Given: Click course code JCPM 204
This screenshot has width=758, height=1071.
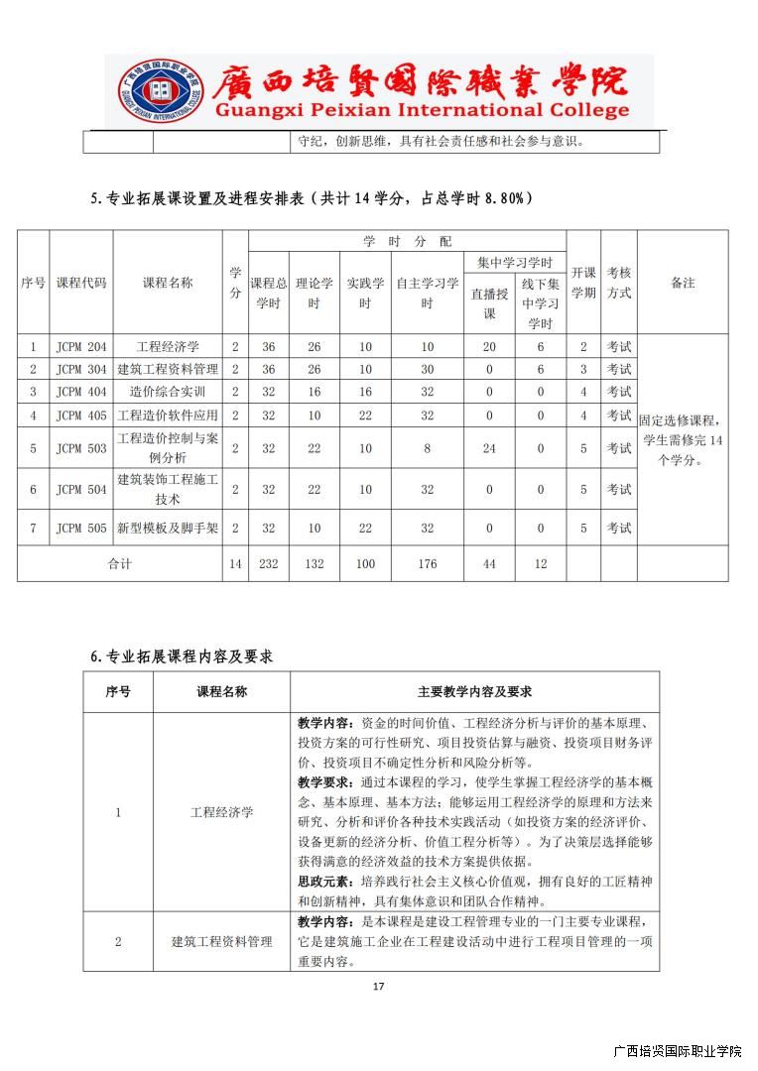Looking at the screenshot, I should tap(81, 347).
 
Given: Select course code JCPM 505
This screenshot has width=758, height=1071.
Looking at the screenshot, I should tap(81, 529).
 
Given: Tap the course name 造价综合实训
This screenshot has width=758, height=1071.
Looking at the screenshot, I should tap(168, 392).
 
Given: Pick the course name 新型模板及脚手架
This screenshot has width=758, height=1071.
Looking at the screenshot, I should tap(168, 529).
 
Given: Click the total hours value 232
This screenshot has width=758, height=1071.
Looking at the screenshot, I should tap(268, 564).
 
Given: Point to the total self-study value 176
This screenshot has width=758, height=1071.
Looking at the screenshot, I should tap(427, 564).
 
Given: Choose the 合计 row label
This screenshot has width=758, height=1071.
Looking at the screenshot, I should tap(119, 564).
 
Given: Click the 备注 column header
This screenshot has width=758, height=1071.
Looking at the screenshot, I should tap(683, 283).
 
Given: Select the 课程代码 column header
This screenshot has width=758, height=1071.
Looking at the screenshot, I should tap(81, 283).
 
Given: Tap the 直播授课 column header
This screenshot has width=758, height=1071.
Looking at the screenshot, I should tap(489, 303).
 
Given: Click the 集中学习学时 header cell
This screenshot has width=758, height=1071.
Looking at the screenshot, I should tap(515, 263).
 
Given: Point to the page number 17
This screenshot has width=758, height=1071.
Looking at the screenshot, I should tap(378, 986).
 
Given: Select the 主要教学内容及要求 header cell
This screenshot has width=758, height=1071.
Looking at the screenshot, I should tap(474, 692).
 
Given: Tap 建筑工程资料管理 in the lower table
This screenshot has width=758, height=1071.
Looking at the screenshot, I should tap(221, 941).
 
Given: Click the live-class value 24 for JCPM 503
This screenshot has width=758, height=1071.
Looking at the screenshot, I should tap(489, 448).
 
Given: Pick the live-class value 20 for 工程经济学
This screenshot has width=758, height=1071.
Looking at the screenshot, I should tap(489, 347).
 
